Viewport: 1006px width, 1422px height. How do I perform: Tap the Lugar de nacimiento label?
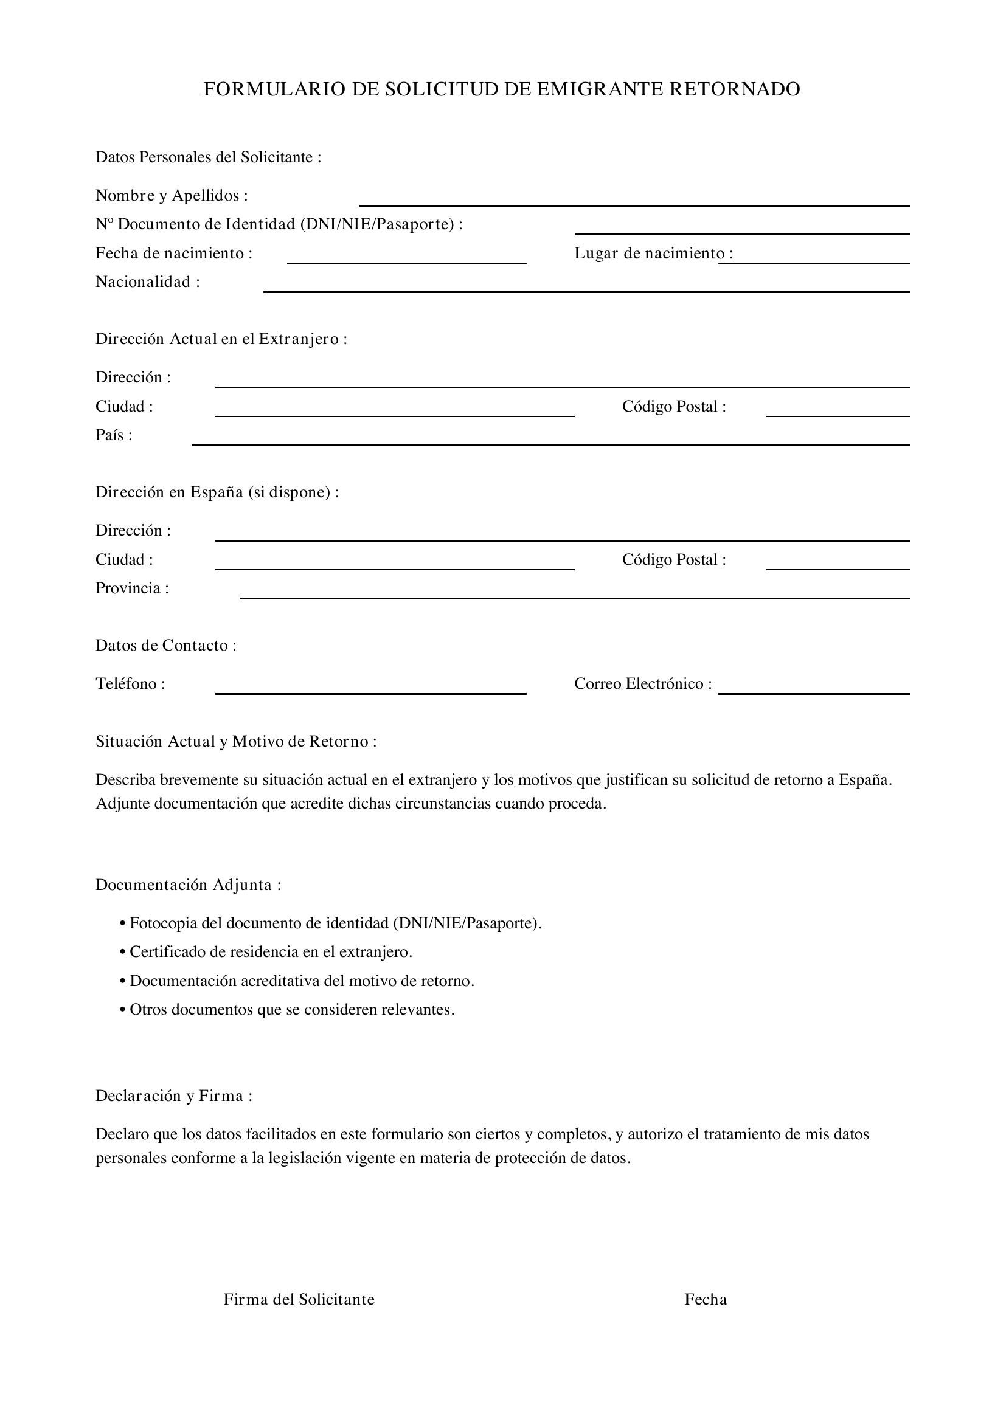(x=653, y=254)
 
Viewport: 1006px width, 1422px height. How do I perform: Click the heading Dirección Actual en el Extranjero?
(x=221, y=339)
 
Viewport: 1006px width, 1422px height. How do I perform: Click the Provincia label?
(x=132, y=588)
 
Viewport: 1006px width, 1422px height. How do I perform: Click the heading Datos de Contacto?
(x=165, y=646)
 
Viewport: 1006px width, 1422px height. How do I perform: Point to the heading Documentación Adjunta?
(x=188, y=885)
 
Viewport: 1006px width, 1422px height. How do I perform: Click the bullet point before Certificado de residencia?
(x=123, y=953)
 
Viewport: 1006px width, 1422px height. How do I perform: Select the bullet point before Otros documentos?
(x=123, y=1010)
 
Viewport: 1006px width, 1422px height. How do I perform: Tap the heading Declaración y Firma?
(x=173, y=1096)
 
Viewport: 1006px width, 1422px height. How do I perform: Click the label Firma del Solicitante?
(x=299, y=1299)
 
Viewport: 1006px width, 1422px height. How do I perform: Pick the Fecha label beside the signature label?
(x=705, y=1299)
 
